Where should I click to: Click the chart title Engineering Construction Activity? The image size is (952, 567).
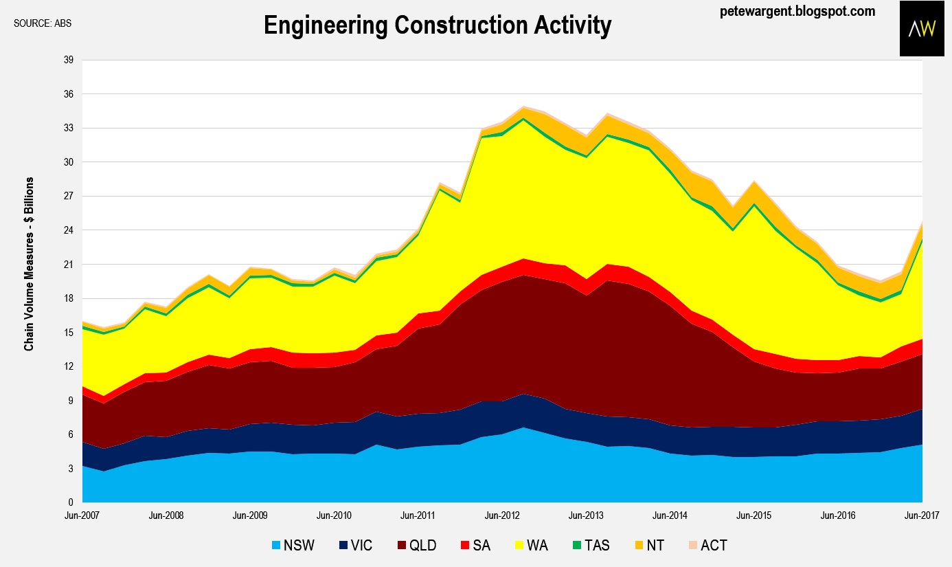[438, 26]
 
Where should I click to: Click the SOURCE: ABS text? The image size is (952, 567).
[43, 23]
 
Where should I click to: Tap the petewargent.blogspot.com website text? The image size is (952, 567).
[797, 11]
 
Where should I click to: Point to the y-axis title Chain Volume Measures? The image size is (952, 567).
[29, 264]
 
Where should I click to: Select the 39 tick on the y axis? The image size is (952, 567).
[69, 60]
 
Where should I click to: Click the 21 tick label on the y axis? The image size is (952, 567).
[69, 265]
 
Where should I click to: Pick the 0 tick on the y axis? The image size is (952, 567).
[71, 503]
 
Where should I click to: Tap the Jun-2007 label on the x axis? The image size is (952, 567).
[82, 515]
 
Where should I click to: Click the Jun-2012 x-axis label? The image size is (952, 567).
[501, 515]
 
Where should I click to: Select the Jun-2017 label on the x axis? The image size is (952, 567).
[921, 515]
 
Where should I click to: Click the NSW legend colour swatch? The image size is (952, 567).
[275, 546]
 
